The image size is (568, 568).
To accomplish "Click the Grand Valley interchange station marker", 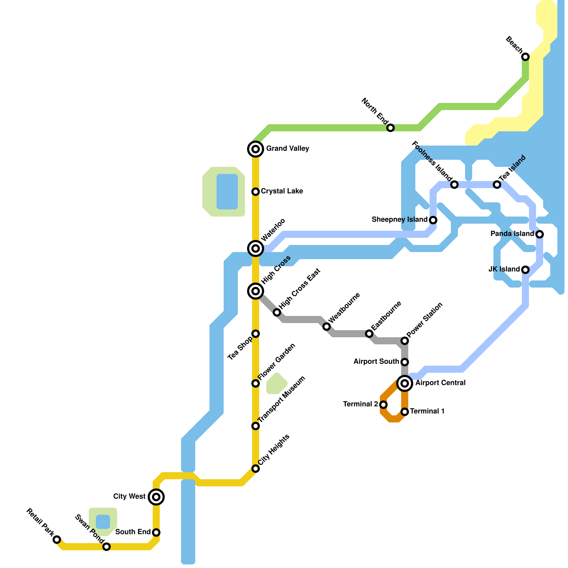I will [x=256, y=149].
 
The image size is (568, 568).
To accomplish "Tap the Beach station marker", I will [x=525, y=57].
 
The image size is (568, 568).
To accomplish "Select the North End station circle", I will [x=390, y=128].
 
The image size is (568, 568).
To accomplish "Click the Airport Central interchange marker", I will [x=405, y=383].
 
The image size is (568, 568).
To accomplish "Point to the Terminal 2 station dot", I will [x=383, y=405].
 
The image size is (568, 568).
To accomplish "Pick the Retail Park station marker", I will [x=57, y=540].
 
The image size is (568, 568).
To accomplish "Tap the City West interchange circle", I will [x=156, y=497].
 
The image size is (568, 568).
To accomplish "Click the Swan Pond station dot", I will [x=106, y=547].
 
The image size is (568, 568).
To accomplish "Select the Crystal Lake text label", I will [x=282, y=191].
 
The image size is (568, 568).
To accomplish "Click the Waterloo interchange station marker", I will [x=256, y=248].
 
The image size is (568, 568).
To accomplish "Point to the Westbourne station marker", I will [x=327, y=327].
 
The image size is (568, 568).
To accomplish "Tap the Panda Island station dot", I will [x=540, y=234].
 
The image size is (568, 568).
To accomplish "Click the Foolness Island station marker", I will [x=454, y=185].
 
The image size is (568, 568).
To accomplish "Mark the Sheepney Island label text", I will [x=399, y=220].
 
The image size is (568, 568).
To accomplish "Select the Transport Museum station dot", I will [x=256, y=426].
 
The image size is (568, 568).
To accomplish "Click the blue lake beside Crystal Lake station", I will [x=227, y=192].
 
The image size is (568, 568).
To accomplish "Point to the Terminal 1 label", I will [x=427, y=411].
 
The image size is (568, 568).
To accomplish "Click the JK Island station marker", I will [x=525, y=270].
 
